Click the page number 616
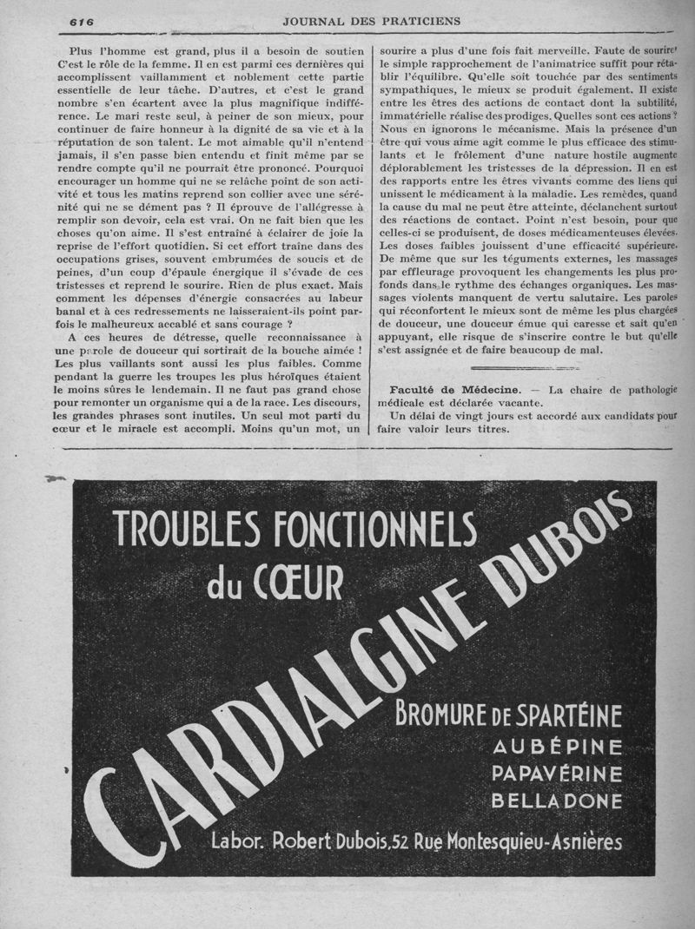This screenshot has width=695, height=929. pyautogui.click(x=83, y=21)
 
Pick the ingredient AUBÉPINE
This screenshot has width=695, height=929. pyautogui.click(x=557, y=748)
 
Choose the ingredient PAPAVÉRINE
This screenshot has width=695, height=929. pyautogui.click(x=557, y=774)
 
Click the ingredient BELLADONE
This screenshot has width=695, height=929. pyautogui.click(x=557, y=801)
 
